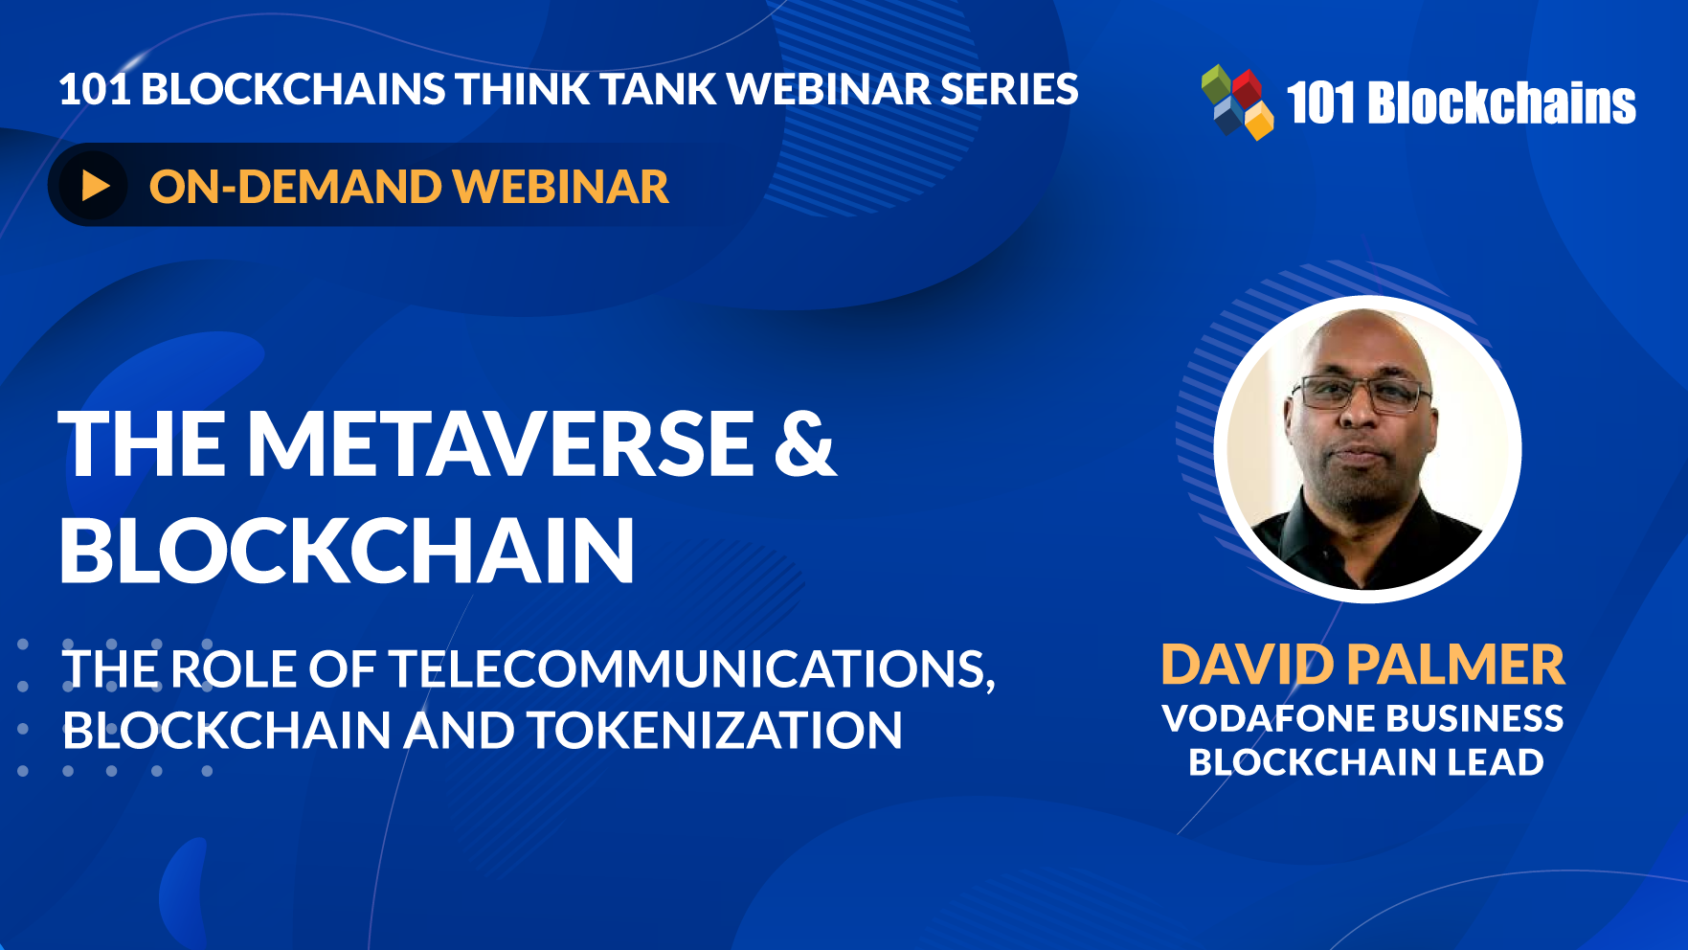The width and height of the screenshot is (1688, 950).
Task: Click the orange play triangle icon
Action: (96, 185)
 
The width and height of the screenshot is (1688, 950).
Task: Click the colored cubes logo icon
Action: (1237, 102)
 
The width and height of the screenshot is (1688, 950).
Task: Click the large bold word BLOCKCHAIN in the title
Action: (347, 550)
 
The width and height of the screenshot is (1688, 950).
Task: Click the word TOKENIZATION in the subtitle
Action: (714, 730)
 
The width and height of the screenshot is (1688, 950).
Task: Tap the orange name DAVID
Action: (1247, 665)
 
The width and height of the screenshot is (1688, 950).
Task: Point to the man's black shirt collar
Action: (1360, 522)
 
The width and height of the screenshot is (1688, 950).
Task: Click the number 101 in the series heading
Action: (94, 89)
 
